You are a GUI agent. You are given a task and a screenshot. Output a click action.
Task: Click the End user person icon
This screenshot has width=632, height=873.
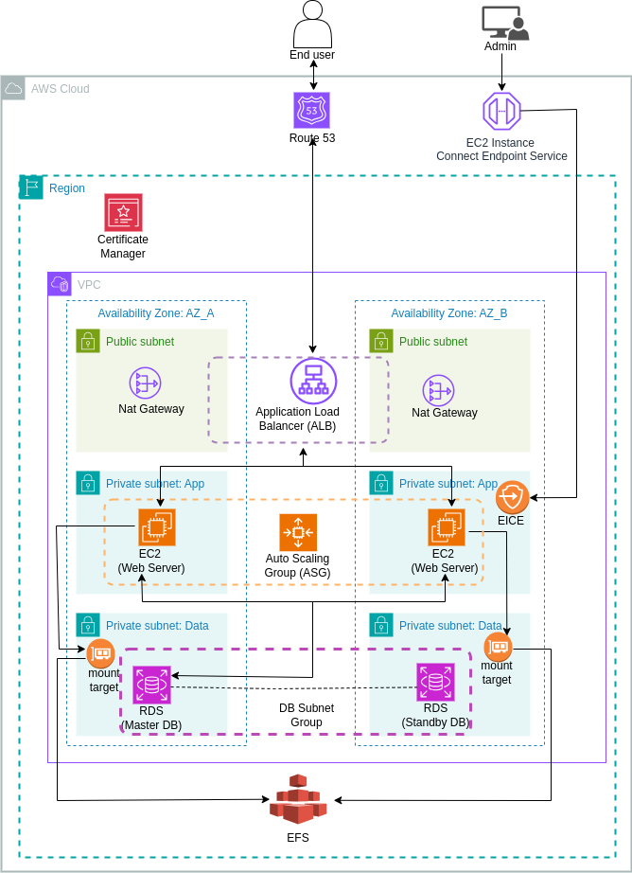pyautogui.click(x=312, y=24)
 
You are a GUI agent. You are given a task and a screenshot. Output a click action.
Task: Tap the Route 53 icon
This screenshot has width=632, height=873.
pyautogui.click(x=312, y=111)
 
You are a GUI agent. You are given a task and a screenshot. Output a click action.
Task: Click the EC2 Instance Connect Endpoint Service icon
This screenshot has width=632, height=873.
pyautogui.click(x=501, y=111)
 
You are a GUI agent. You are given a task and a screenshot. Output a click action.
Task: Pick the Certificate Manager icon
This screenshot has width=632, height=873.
pyautogui.click(x=123, y=213)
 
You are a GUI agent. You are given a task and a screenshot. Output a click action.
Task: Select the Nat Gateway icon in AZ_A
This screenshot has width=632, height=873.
pyautogui.click(x=146, y=383)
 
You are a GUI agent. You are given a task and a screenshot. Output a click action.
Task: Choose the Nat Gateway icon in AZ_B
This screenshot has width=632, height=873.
pyautogui.click(x=438, y=389)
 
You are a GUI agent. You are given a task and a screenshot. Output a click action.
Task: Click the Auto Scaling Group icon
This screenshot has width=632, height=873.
pyautogui.click(x=298, y=532)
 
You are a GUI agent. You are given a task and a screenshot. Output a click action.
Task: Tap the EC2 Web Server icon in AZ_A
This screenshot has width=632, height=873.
pyautogui.click(x=157, y=526)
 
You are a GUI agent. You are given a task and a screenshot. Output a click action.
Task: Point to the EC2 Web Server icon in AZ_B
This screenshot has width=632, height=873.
pyautogui.click(x=447, y=526)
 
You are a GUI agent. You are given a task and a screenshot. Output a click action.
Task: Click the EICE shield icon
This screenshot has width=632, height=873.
pyautogui.click(x=512, y=496)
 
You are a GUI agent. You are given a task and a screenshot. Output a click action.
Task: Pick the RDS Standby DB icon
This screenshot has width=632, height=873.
pyautogui.click(x=435, y=682)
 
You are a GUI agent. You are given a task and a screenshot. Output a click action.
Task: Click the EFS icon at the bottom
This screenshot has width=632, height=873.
pyautogui.click(x=298, y=799)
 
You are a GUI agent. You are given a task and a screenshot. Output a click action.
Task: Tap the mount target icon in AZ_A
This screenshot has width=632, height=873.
pyautogui.click(x=101, y=652)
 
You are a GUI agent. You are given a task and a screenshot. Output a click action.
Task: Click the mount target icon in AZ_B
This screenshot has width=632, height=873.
pyautogui.click(x=498, y=647)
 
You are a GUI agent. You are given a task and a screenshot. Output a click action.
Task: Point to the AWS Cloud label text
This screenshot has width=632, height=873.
pyautogui.click(x=60, y=89)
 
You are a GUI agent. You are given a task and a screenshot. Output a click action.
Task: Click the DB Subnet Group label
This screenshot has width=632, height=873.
pyautogui.click(x=306, y=715)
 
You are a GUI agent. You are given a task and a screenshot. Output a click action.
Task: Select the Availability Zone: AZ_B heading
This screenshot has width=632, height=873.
pyautogui.click(x=448, y=313)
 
